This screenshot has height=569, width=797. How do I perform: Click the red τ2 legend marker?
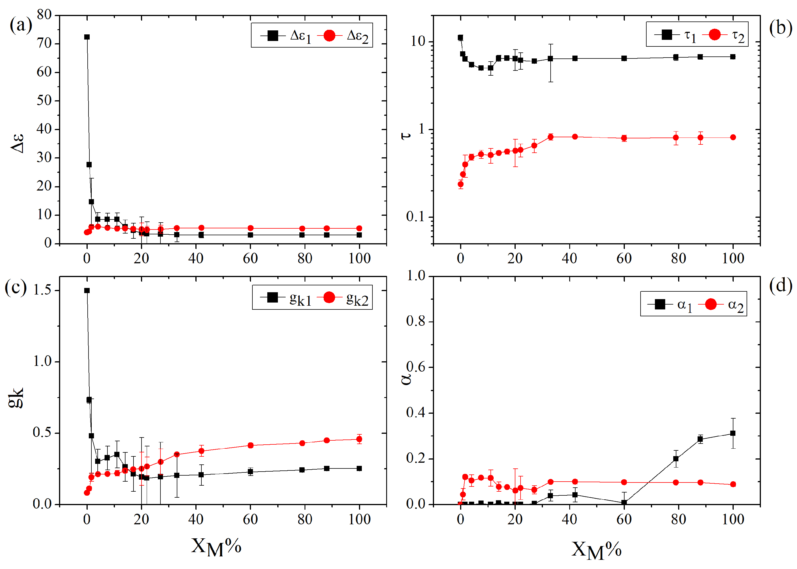714,34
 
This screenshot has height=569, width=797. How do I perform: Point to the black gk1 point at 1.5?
87,291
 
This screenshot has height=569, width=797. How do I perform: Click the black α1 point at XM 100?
733,433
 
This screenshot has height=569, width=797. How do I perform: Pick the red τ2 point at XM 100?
733,137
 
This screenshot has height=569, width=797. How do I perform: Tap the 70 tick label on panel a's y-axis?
44,44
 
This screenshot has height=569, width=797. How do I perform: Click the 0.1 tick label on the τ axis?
415,217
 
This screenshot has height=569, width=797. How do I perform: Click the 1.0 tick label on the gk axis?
42,361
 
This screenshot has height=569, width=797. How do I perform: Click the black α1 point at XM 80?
676,459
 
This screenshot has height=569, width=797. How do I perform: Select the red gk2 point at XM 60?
250,445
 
